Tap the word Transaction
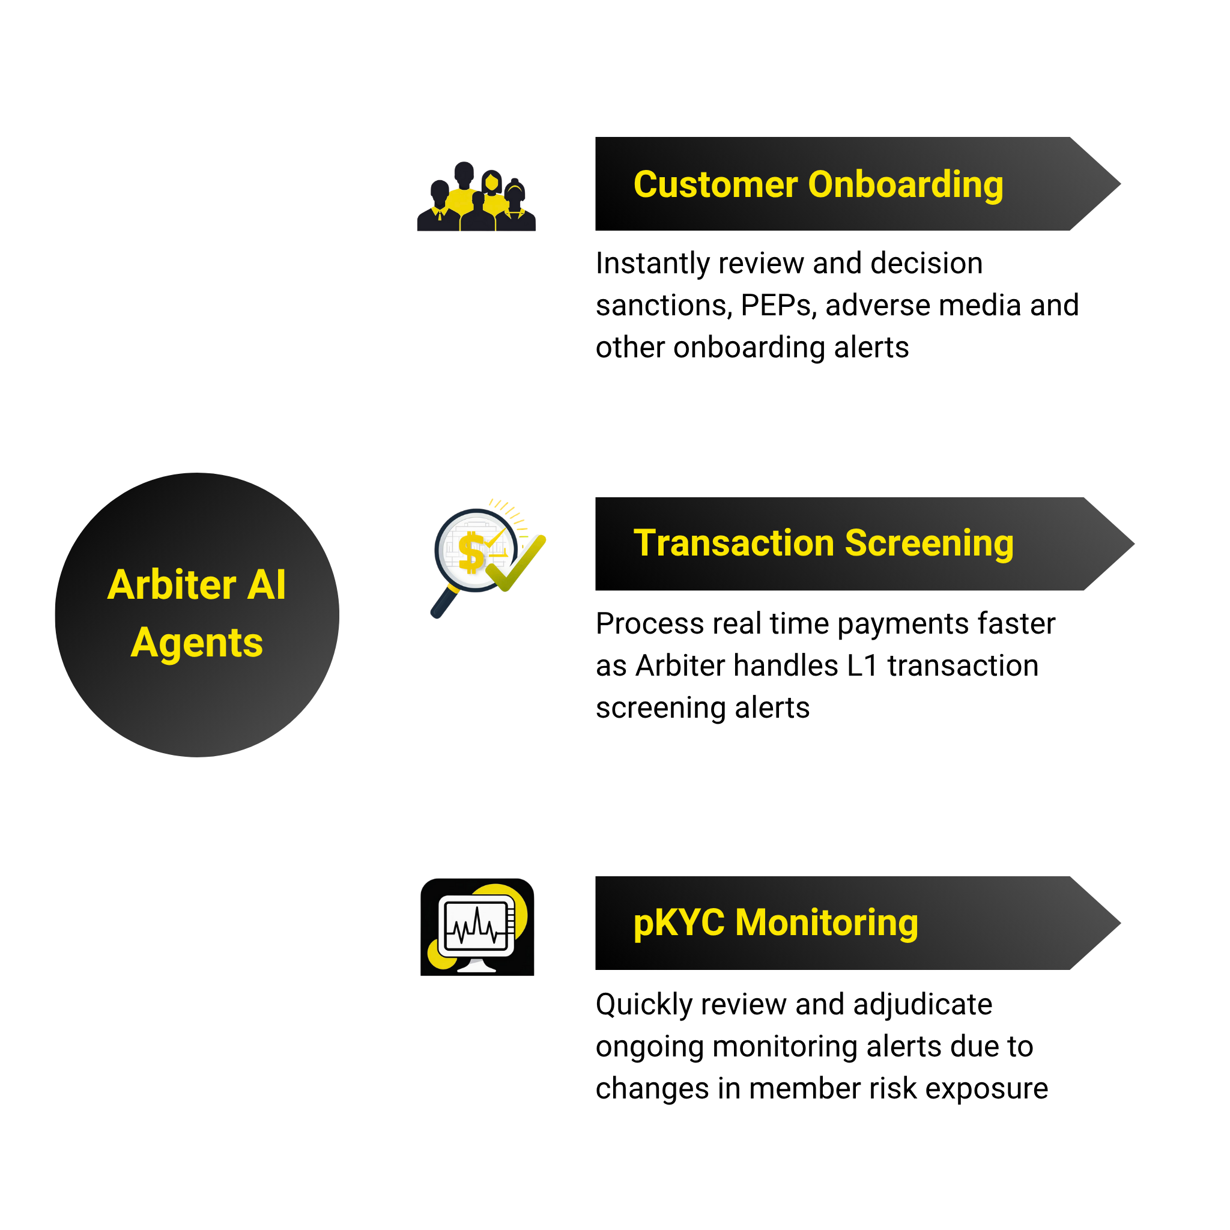[x=733, y=543]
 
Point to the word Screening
[x=929, y=544]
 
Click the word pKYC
[x=679, y=923]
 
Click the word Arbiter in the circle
[x=172, y=584]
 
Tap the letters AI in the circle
[x=267, y=584]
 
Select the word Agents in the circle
[x=197, y=643]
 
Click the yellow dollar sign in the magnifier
[x=471, y=553]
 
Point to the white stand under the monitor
[x=476, y=966]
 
